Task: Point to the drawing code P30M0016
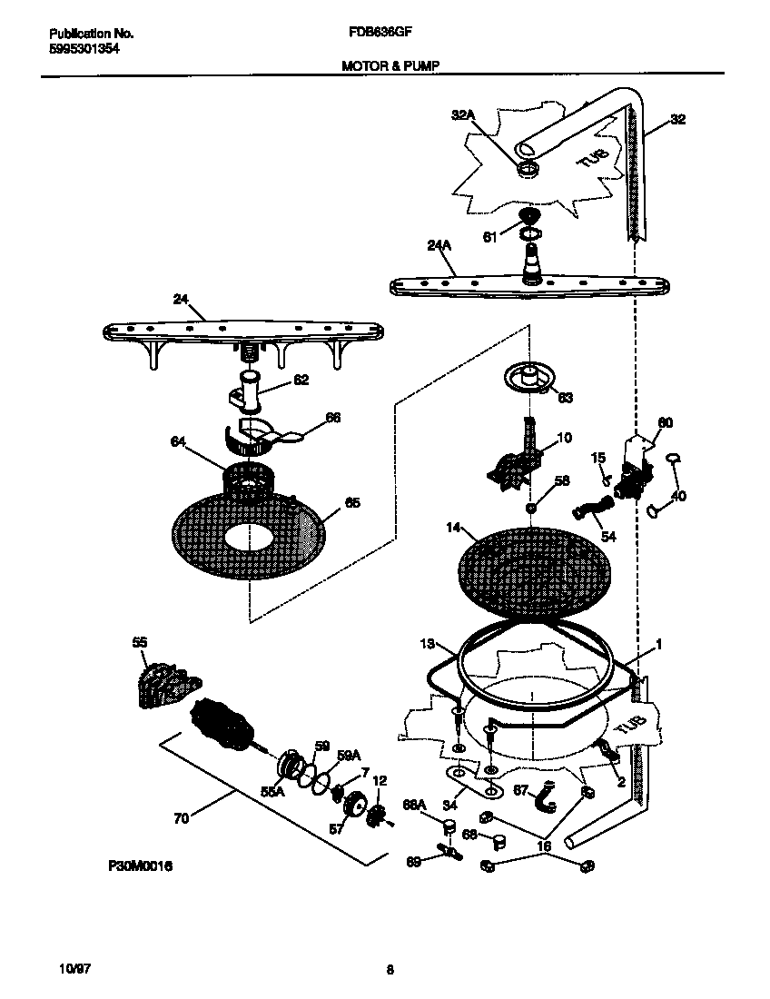pos(140,867)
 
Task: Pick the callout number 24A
pos(439,244)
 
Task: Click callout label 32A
pos(463,114)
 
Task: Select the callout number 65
pos(352,502)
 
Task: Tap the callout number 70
pos(182,818)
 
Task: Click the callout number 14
pos(453,527)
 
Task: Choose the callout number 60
pos(665,422)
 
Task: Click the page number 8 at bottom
pos(389,969)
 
